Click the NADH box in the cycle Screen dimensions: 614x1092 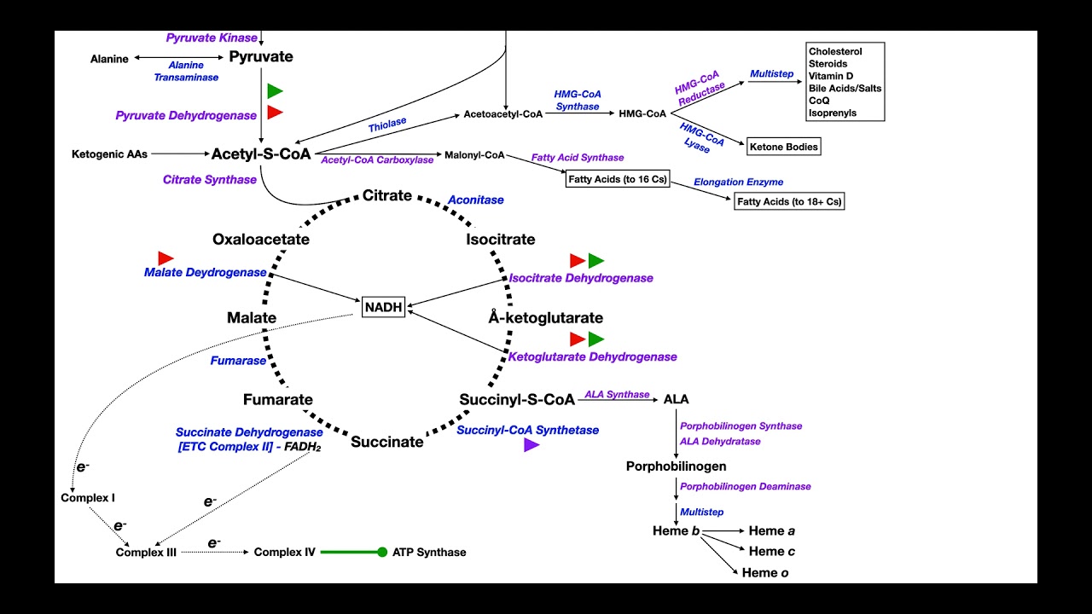(x=383, y=307)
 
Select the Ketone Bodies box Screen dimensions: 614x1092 (x=784, y=147)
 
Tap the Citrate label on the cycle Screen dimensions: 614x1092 (x=387, y=195)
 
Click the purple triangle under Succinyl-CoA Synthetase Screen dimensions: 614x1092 (x=531, y=444)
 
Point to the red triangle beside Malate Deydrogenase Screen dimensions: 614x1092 (x=166, y=258)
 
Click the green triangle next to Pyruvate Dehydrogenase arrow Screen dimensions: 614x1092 (x=275, y=90)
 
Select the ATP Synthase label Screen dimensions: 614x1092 (x=429, y=552)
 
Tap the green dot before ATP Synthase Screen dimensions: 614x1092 (x=382, y=552)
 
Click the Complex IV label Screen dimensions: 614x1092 (x=285, y=552)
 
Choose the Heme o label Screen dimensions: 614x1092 (x=765, y=573)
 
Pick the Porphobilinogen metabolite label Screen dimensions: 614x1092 (x=677, y=466)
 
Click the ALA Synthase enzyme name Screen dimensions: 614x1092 (x=617, y=394)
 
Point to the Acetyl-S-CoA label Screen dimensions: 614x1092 (x=261, y=154)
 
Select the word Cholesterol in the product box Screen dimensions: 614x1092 (x=835, y=51)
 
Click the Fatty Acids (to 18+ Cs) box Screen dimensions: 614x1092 (x=789, y=201)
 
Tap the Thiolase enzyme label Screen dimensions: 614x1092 (x=387, y=125)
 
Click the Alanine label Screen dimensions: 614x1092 (x=109, y=59)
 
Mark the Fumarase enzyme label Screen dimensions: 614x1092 (x=239, y=361)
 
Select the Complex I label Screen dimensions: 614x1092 (x=88, y=497)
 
